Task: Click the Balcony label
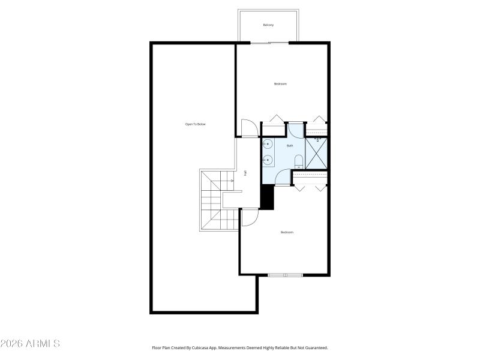(x=268, y=25)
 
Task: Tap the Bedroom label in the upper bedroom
(x=280, y=84)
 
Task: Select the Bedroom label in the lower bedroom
(x=287, y=232)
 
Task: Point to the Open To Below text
(x=195, y=124)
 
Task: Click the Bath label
(x=290, y=146)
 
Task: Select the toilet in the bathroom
(x=298, y=160)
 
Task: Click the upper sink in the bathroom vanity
(x=268, y=145)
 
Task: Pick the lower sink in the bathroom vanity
(x=268, y=160)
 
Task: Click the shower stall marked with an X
(x=316, y=153)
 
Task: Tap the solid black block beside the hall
(x=267, y=197)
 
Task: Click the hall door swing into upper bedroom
(x=249, y=128)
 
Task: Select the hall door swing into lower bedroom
(x=250, y=217)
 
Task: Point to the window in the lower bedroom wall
(x=285, y=275)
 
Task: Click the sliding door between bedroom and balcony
(x=269, y=43)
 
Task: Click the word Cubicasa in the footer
(x=206, y=347)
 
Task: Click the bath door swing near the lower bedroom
(x=283, y=178)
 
